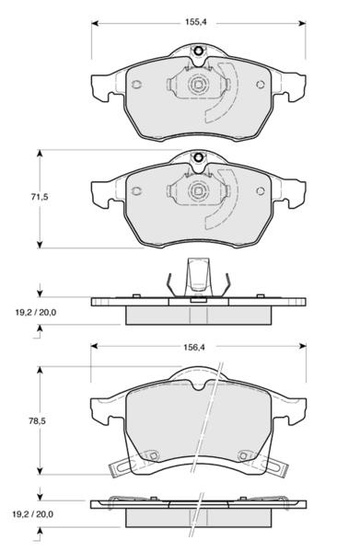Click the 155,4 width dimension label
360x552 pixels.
196,22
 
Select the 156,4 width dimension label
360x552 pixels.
194,347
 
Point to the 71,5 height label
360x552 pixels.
39,197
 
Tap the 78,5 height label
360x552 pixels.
38,420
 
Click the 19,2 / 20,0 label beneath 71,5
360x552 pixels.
36,312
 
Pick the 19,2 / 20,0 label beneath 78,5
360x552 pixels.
33,514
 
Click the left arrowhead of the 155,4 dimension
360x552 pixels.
95,23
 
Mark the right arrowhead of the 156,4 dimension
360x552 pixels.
302,346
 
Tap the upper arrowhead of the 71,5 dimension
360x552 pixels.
40,154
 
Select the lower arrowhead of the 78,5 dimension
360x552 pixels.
40,470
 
